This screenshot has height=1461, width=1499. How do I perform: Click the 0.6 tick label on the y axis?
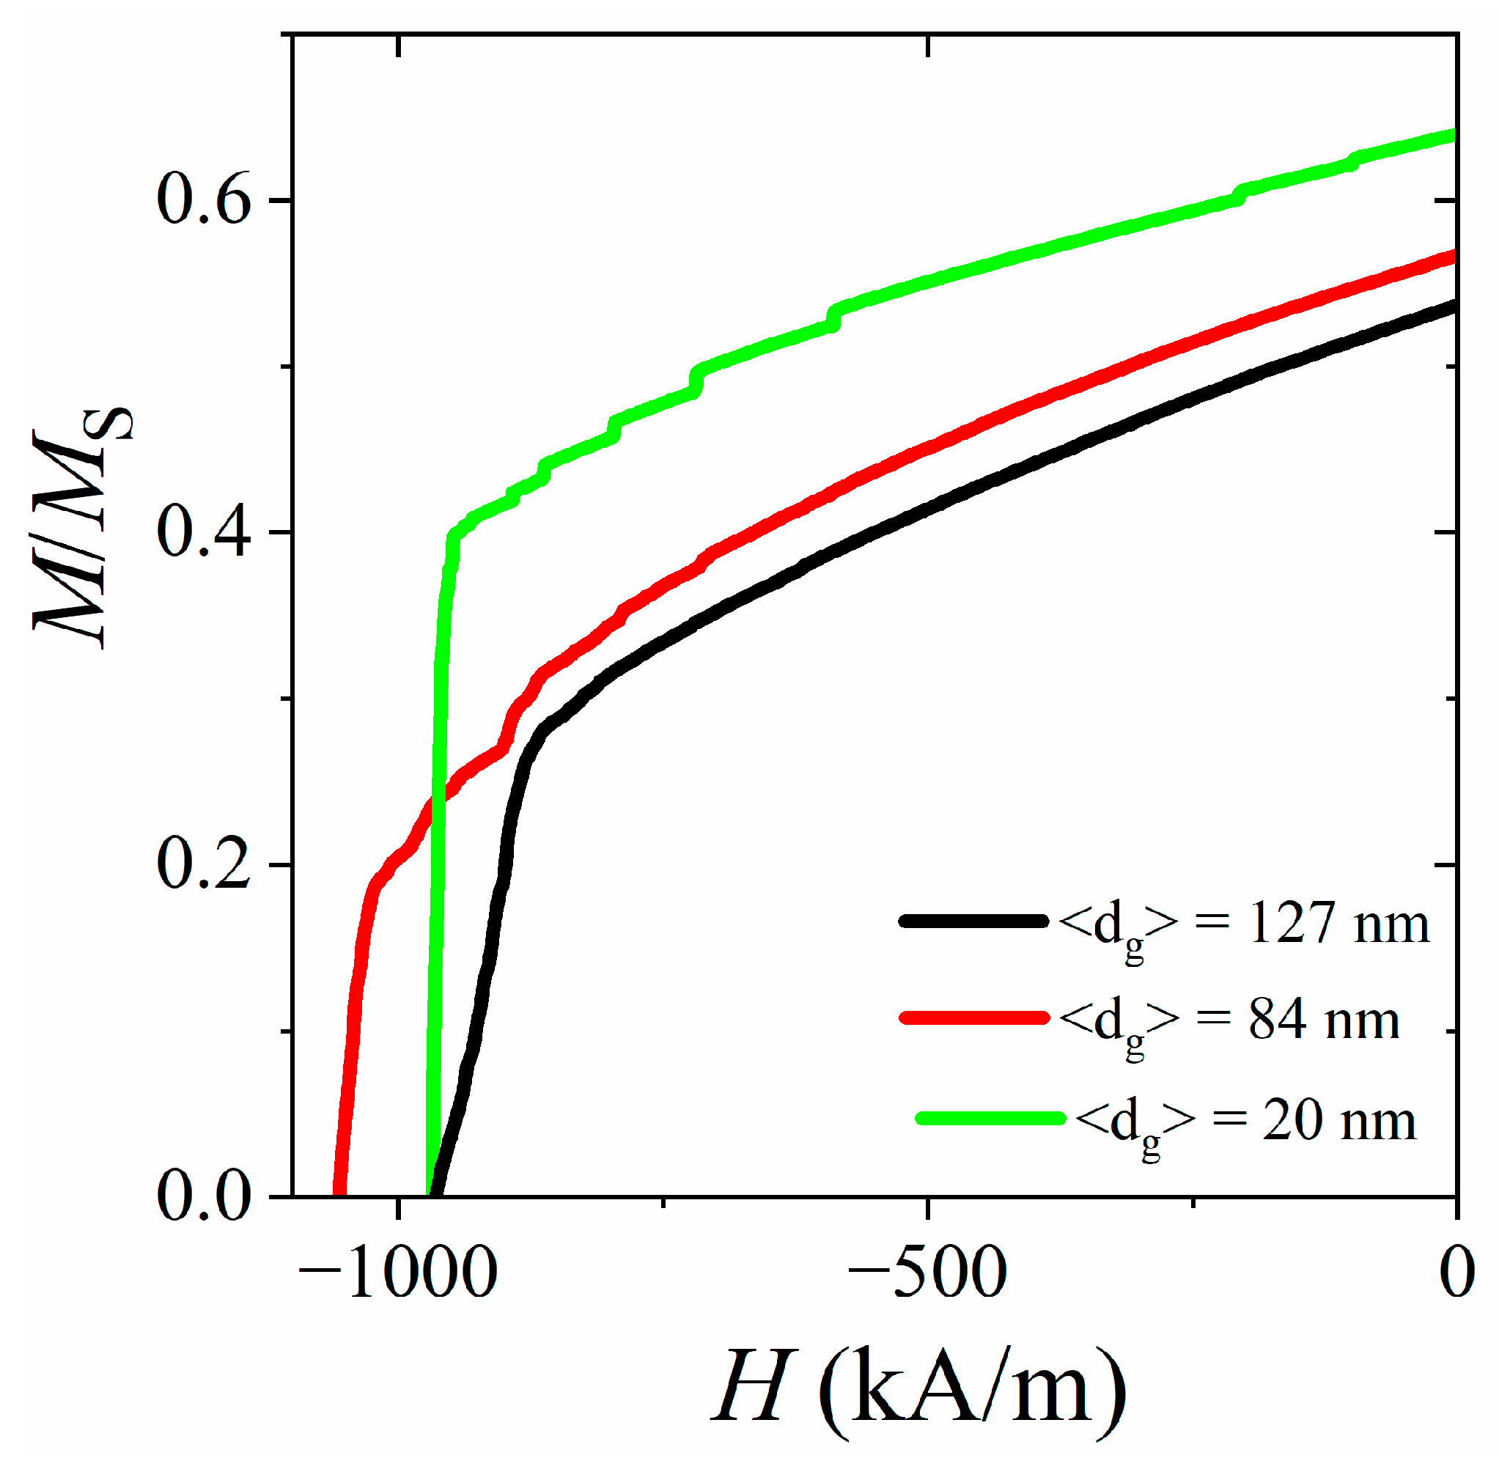pyautogui.click(x=204, y=201)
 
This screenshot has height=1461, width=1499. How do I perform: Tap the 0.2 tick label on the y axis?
pyautogui.click(x=204, y=865)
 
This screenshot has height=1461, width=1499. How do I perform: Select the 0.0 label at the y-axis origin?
pyautogui.click(x=204, y=1196)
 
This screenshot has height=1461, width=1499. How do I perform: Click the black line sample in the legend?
pyautogui.click(x=973, y=921)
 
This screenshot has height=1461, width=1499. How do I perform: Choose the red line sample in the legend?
pyautogui.click(x=973, y=1017)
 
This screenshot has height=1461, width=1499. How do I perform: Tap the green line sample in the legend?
pyautogui.click(x=990, y=1117)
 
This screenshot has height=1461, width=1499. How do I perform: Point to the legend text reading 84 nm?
pyautogui.click(x=1322, y=1020)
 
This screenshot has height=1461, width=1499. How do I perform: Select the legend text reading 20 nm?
pyautogui.click(x=1338, y=1120)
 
